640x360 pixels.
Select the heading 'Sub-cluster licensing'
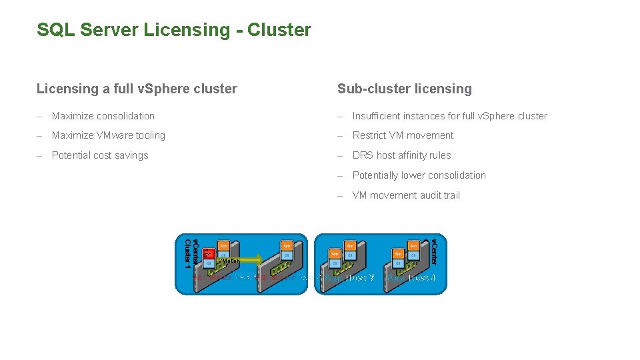(404, 89)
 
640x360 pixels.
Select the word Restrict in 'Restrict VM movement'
(370, 135)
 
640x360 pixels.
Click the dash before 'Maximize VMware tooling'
(39, 135)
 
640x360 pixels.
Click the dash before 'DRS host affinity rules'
(340, 155)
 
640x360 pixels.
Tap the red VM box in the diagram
(207, 253)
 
